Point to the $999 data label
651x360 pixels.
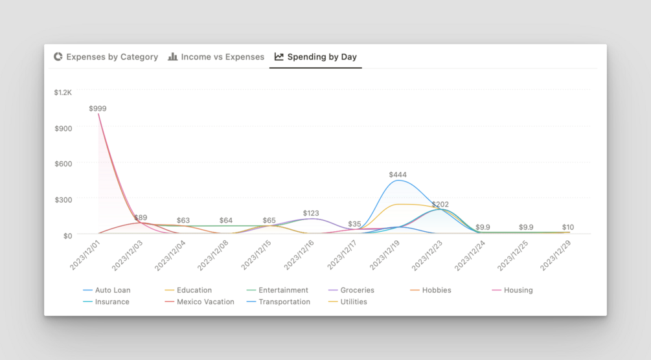click(x=98, y=109)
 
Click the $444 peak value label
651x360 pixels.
click(x=398, y=175)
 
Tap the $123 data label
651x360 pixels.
click(x=311, y=213)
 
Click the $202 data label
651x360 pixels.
click(x=440, y=205)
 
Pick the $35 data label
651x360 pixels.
click(x=354, y=224)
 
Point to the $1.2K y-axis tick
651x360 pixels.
click(x=63, y=93)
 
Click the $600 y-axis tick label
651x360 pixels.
click(x=63, y=164)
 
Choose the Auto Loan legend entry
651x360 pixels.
click(x=112, y=290)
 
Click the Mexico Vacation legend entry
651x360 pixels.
click(x=205, y=302)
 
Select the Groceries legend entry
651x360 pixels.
click(x=357, y=290)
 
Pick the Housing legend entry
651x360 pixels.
click(x=518, y=290)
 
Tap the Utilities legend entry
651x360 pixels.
click(x=353, y=302)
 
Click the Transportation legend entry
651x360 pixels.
click(x=284, y=302)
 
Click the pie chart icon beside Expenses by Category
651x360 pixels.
click(x=58, y=57)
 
